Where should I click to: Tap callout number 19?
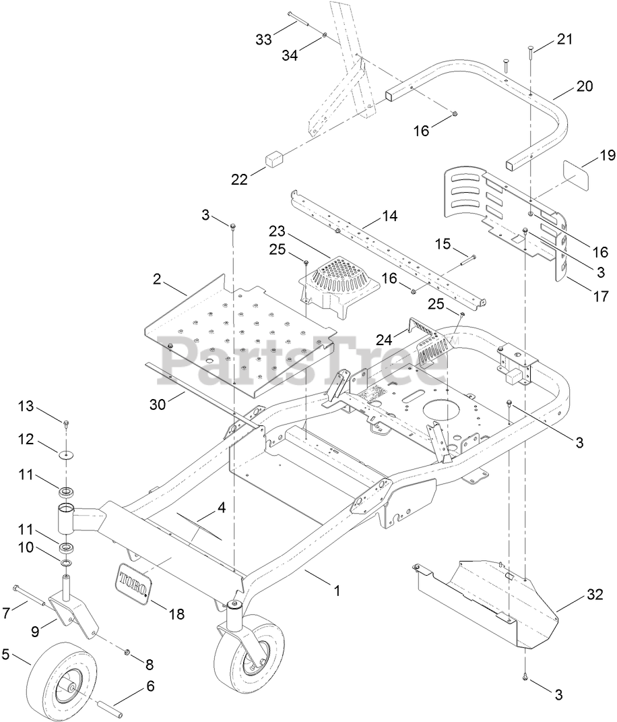click(608, 156)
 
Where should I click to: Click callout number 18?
click(176, 614)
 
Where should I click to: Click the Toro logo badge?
click(134, 582)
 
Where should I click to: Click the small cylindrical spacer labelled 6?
click(115, 709)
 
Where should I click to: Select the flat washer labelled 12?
click(66, 455)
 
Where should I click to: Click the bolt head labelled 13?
click(67, 423)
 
